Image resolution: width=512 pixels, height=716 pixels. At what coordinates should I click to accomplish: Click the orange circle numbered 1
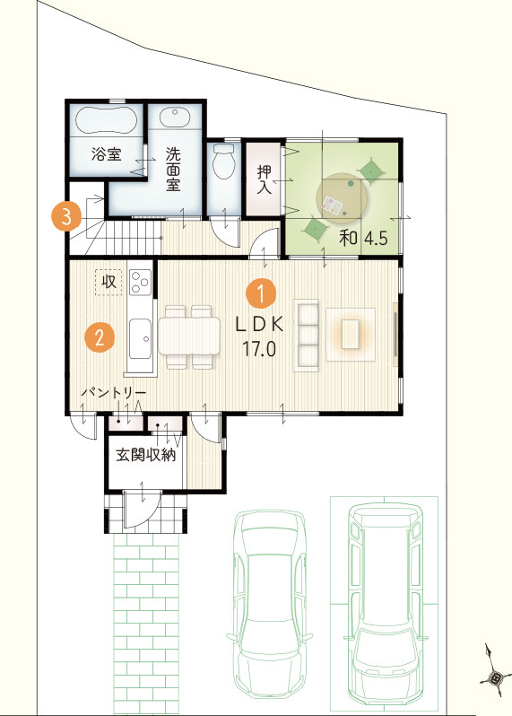click(261, 294)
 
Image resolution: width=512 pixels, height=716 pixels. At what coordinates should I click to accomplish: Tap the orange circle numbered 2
click(100, 337)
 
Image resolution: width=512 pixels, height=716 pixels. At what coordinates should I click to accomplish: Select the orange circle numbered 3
click(66, 216)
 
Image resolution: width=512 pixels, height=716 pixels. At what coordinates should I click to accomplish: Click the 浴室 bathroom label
click(107, 153)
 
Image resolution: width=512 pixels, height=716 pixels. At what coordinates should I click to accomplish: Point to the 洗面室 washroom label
click(173, 169)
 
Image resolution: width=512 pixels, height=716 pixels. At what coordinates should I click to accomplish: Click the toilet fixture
click(223, 161)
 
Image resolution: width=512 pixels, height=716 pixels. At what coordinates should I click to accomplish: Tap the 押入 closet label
click(265, 179)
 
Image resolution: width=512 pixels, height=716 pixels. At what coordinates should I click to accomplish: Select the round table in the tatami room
click(343, 198)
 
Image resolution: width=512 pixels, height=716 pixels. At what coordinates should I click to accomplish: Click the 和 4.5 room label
click(363, 238)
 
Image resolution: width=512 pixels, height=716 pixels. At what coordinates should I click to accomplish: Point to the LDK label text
click(259, 324)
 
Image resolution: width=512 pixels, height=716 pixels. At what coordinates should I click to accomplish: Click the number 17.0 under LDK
click(259, 349)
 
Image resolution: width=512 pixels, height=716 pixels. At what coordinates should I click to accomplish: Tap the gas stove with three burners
click(140, 283)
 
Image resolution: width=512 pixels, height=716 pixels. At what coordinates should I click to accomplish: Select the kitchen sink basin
click(140, 338)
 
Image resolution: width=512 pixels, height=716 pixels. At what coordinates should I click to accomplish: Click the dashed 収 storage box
click(108, 283)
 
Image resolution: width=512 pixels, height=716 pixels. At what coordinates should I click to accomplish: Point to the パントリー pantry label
click(114, 393)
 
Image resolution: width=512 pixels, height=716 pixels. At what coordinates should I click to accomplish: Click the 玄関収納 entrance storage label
click(145, 455)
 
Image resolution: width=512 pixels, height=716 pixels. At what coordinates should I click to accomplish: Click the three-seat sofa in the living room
click(305, 336)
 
